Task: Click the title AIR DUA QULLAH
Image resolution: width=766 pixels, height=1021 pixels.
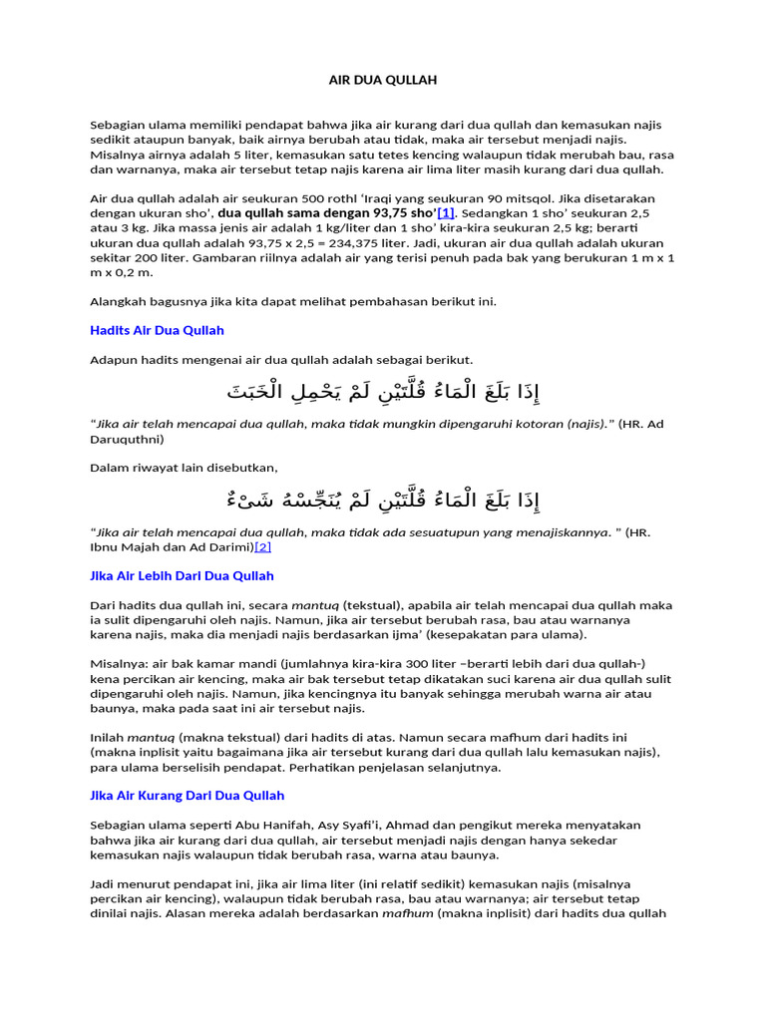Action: coord(383,79)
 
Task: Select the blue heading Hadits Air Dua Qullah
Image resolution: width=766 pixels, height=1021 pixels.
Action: coord(157,330)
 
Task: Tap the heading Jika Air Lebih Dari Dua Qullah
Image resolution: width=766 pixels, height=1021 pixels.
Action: coord(182,575)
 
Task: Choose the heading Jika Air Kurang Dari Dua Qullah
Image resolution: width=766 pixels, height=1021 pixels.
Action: coord(187,795)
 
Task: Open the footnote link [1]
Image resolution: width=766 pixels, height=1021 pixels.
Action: coord(446,212)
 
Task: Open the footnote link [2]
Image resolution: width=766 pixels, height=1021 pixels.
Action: coord(263,546)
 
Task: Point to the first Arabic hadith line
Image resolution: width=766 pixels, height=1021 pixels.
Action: coord(382,389)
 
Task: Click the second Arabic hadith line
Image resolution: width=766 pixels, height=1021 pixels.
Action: coord(382,498)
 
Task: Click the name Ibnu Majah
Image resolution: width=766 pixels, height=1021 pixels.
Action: coord(125,546)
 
